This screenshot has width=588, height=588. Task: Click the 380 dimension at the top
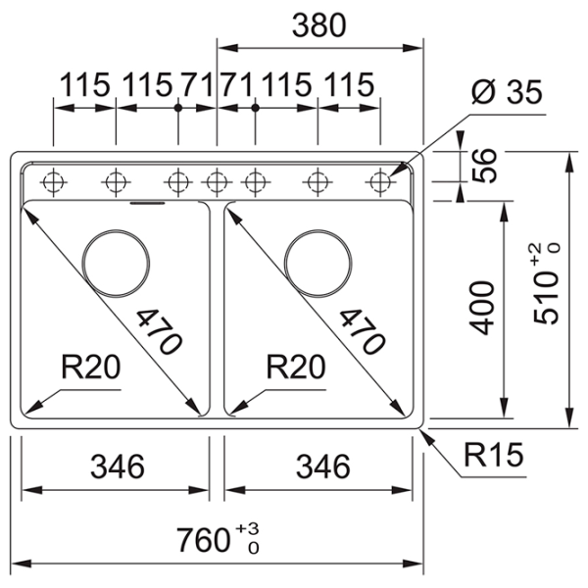point(319,26)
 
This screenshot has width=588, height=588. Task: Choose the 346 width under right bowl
point(319,466)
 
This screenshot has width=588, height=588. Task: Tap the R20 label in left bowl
point(89,367)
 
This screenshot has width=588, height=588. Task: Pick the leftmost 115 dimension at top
point(84,85)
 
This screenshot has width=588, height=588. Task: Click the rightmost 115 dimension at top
point(349,85)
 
